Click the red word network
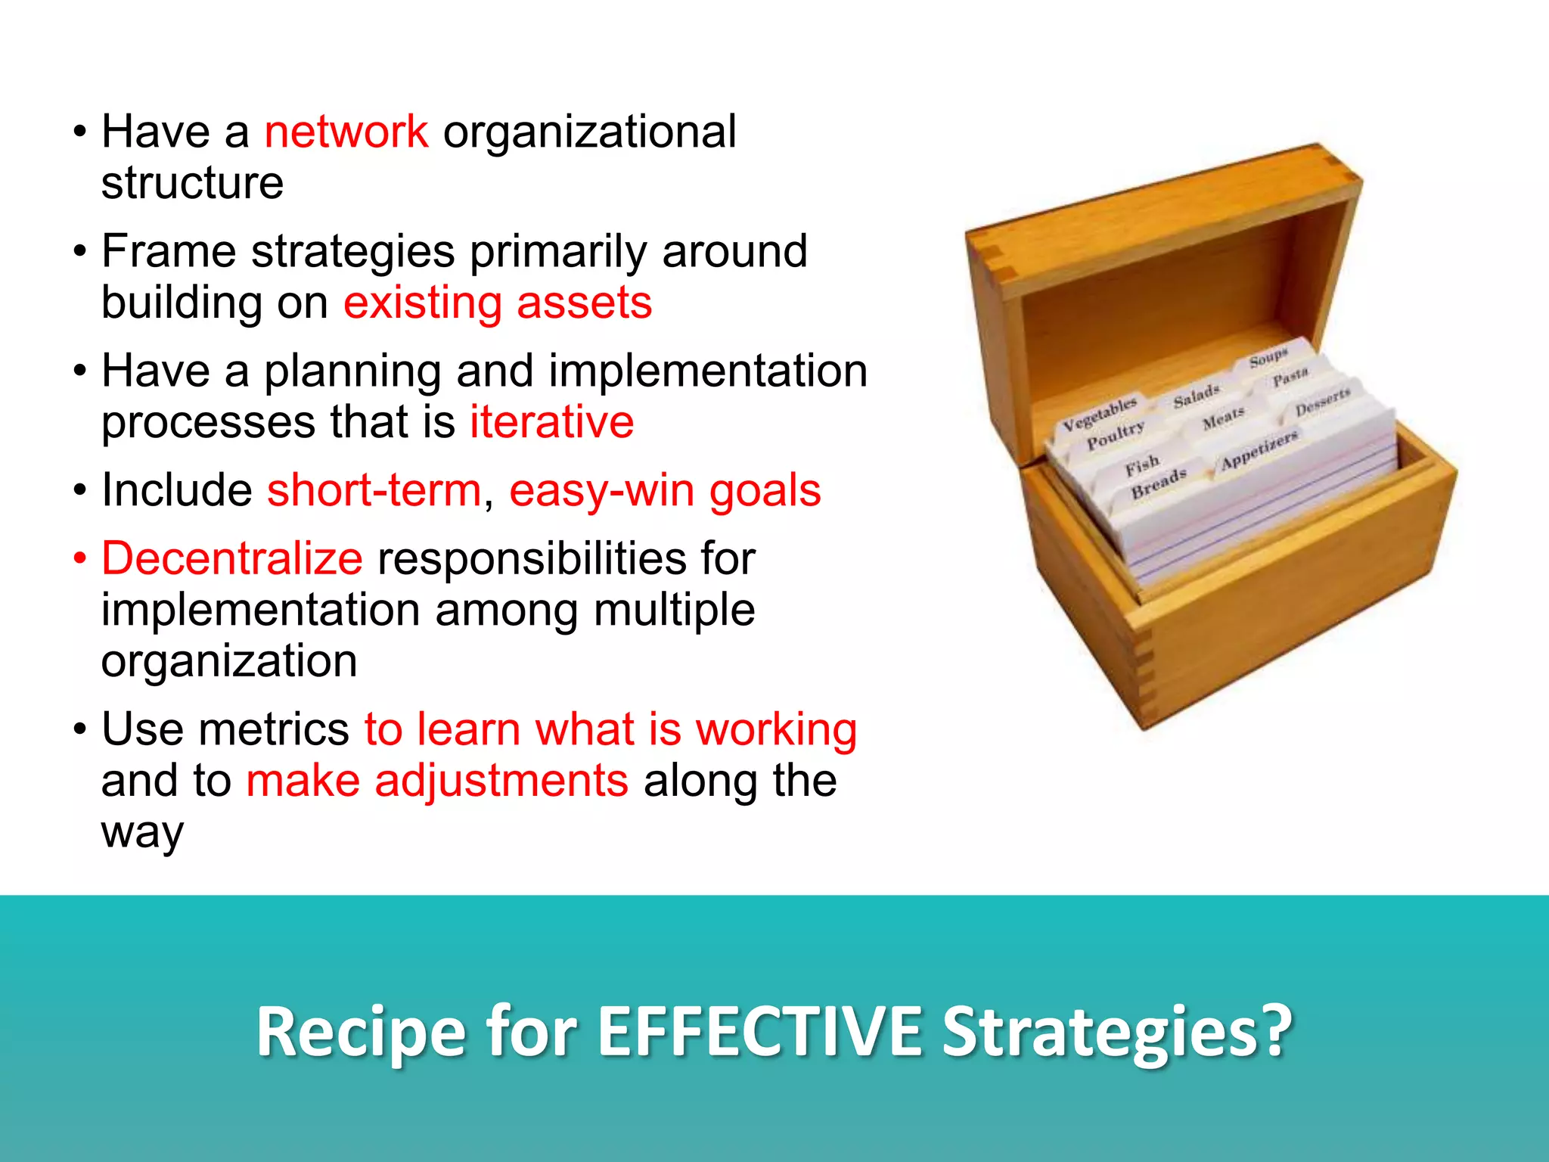click(346, 132)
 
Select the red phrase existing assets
click(497, 303)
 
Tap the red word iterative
click(551, 422)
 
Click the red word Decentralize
click(232, 559)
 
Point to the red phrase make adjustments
click(437, 781)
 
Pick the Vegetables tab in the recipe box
click(1099, 414)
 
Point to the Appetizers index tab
click(1259, 449)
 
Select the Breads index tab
click(1158, 483)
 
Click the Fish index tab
click(1141, 464)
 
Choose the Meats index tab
click(1223, 418)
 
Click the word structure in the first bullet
click(192, 183)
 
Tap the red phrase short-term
click(374, 491)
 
